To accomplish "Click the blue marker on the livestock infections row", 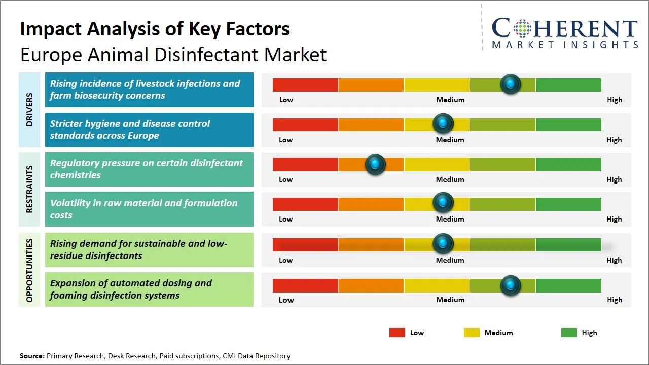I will [511, 84].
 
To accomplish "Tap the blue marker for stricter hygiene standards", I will [443, 123].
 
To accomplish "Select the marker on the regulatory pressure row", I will [375, 164].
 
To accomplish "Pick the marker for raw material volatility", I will [443, 203].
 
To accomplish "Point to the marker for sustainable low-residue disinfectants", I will [443, 244].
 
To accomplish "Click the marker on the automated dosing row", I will [511, 285].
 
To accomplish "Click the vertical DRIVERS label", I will [29, 109].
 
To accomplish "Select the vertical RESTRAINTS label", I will [29, 189].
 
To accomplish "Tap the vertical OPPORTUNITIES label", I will [29, 270].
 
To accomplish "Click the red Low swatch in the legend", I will [397, 333].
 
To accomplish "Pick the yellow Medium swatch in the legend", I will [472, 333].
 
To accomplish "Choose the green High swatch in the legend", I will [569, 333].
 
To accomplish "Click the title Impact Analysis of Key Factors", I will [155, 29].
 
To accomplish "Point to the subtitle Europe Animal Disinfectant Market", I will [173, 55].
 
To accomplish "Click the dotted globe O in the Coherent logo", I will [522, 28].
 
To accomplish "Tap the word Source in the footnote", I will [32, 356].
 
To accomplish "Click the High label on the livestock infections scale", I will [615, 100].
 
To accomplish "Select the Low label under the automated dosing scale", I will [286, 300].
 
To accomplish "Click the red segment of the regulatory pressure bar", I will [305, 164].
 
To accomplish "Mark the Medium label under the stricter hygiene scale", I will [450, 140].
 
